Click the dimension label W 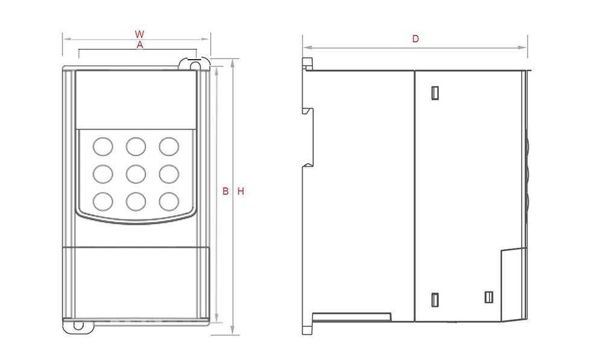point(139,34)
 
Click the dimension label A point(140,45)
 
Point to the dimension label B point(226,191)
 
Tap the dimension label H point(241,191)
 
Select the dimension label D point(415,39)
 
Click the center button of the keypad point(136,174)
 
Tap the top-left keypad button point(103,146)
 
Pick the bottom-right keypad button point(169,201)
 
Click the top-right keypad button point(169,146)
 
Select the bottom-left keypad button point(103,201)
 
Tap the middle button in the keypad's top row point(136,146)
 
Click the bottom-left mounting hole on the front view point(78,326)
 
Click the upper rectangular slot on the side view point(435,93)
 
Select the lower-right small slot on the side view point(489,297)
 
